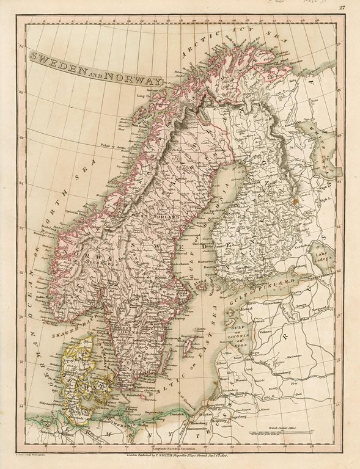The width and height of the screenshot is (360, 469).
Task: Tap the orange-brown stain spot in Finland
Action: tap(297, 197)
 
